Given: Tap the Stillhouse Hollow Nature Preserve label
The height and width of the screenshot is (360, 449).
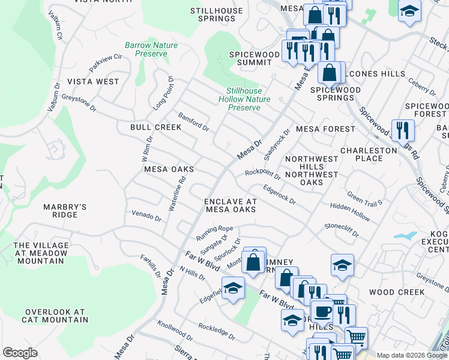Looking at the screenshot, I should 244,99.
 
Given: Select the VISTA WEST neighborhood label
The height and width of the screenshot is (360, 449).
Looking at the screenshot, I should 93,81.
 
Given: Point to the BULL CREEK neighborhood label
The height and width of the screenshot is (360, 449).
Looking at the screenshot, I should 155,127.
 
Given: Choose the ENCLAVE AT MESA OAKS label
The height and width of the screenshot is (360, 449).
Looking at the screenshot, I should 231,205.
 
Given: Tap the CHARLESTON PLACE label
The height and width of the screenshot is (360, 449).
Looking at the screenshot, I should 369,154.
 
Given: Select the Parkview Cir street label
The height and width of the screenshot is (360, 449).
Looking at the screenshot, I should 106,59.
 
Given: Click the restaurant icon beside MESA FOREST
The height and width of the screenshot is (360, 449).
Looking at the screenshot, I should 401,130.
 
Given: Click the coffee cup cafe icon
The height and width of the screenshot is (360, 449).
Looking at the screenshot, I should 323,313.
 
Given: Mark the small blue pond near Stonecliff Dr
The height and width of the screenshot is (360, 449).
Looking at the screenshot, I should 406,235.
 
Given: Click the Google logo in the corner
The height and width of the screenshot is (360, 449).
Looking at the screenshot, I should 20,352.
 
